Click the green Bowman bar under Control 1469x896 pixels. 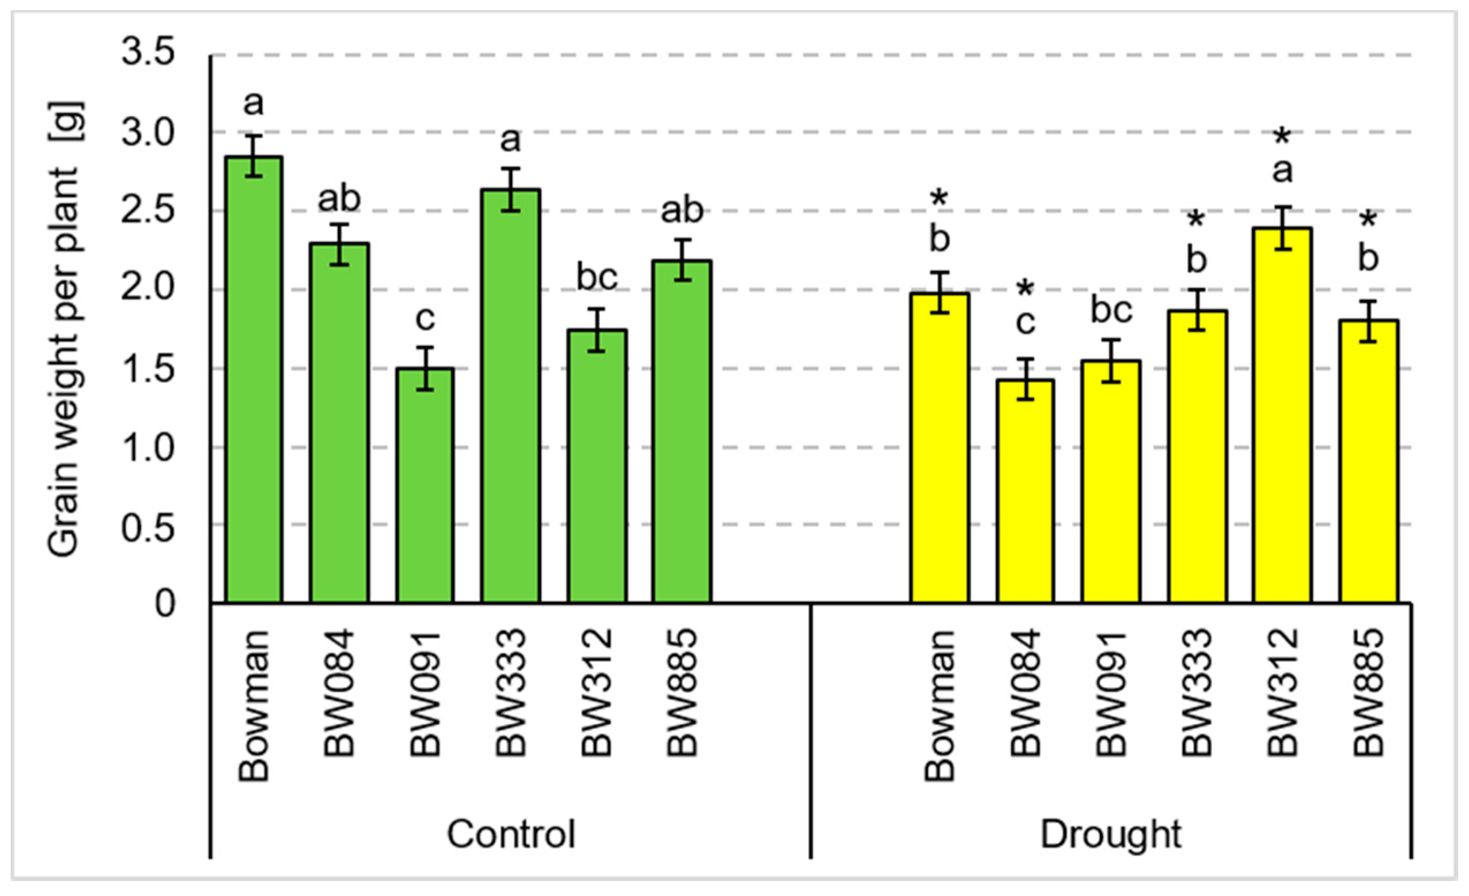(x=254, y=382)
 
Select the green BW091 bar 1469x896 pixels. (x=425, y=486)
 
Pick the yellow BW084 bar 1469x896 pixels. (x=1025, y=492)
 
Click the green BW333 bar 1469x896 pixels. (x=510, y=397)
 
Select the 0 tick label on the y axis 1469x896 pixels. (x=165, y=604)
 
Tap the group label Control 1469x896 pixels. (x=511, y=834)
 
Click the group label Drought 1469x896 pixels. (x=1111, y=834)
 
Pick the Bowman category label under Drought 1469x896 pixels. (x=940, y=707)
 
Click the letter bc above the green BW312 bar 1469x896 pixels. (x=596, y=278)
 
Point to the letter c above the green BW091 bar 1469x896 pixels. (x=425, y=319)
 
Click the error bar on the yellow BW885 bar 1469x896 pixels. (x=1368, y=322)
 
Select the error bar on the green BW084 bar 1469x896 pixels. (x=339, y=244)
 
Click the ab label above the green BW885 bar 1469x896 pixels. (x=682, y=210)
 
